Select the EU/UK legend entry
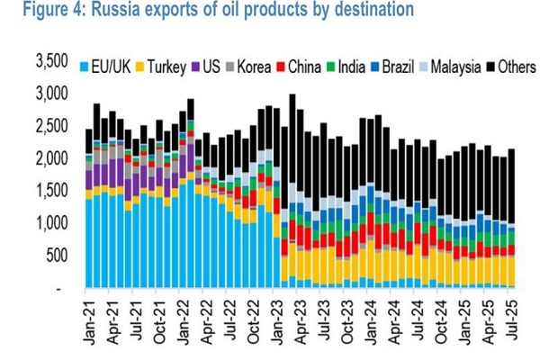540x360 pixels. coord(112,67)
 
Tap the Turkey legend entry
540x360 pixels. coord(167,67)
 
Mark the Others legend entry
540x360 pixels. coord(510,67)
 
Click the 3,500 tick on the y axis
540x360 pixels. coord(52,61)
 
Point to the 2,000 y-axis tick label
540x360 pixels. coord(52,158)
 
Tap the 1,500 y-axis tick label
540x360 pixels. coord(52,191)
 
